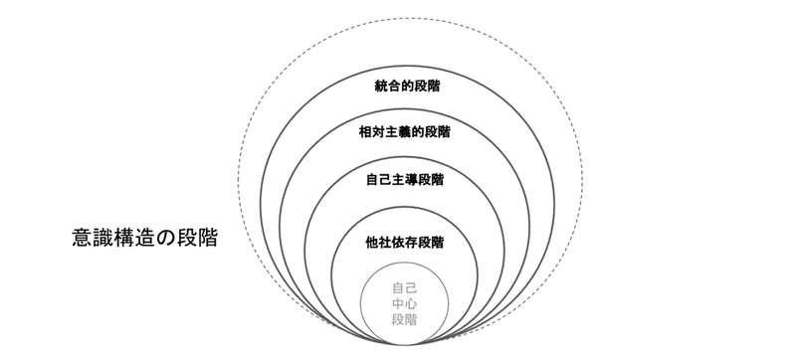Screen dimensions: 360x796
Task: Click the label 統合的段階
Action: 404,87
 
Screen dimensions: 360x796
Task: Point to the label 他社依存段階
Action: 404,242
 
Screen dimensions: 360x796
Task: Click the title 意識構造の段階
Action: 145,239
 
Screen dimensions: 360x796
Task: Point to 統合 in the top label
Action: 383,87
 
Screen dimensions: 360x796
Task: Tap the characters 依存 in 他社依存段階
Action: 404,242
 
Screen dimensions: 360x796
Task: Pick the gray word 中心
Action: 404,304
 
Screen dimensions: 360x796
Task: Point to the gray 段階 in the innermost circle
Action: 404,320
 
